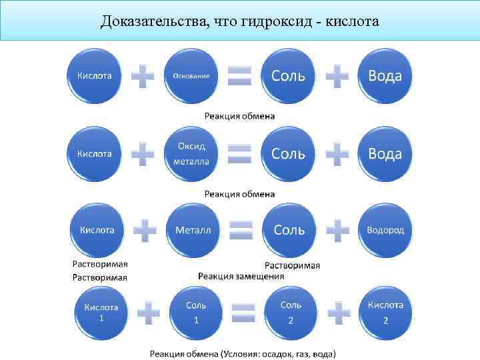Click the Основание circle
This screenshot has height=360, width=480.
191,75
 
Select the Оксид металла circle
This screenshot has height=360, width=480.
191,153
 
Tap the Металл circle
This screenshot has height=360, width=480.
193,230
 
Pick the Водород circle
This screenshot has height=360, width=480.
385,230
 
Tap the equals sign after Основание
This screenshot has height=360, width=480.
240,76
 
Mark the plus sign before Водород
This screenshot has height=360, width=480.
337,231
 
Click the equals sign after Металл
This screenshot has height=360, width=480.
241,231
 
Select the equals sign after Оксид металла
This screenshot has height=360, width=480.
240,154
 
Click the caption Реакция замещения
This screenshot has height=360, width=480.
241,275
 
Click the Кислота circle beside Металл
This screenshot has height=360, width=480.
97,230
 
